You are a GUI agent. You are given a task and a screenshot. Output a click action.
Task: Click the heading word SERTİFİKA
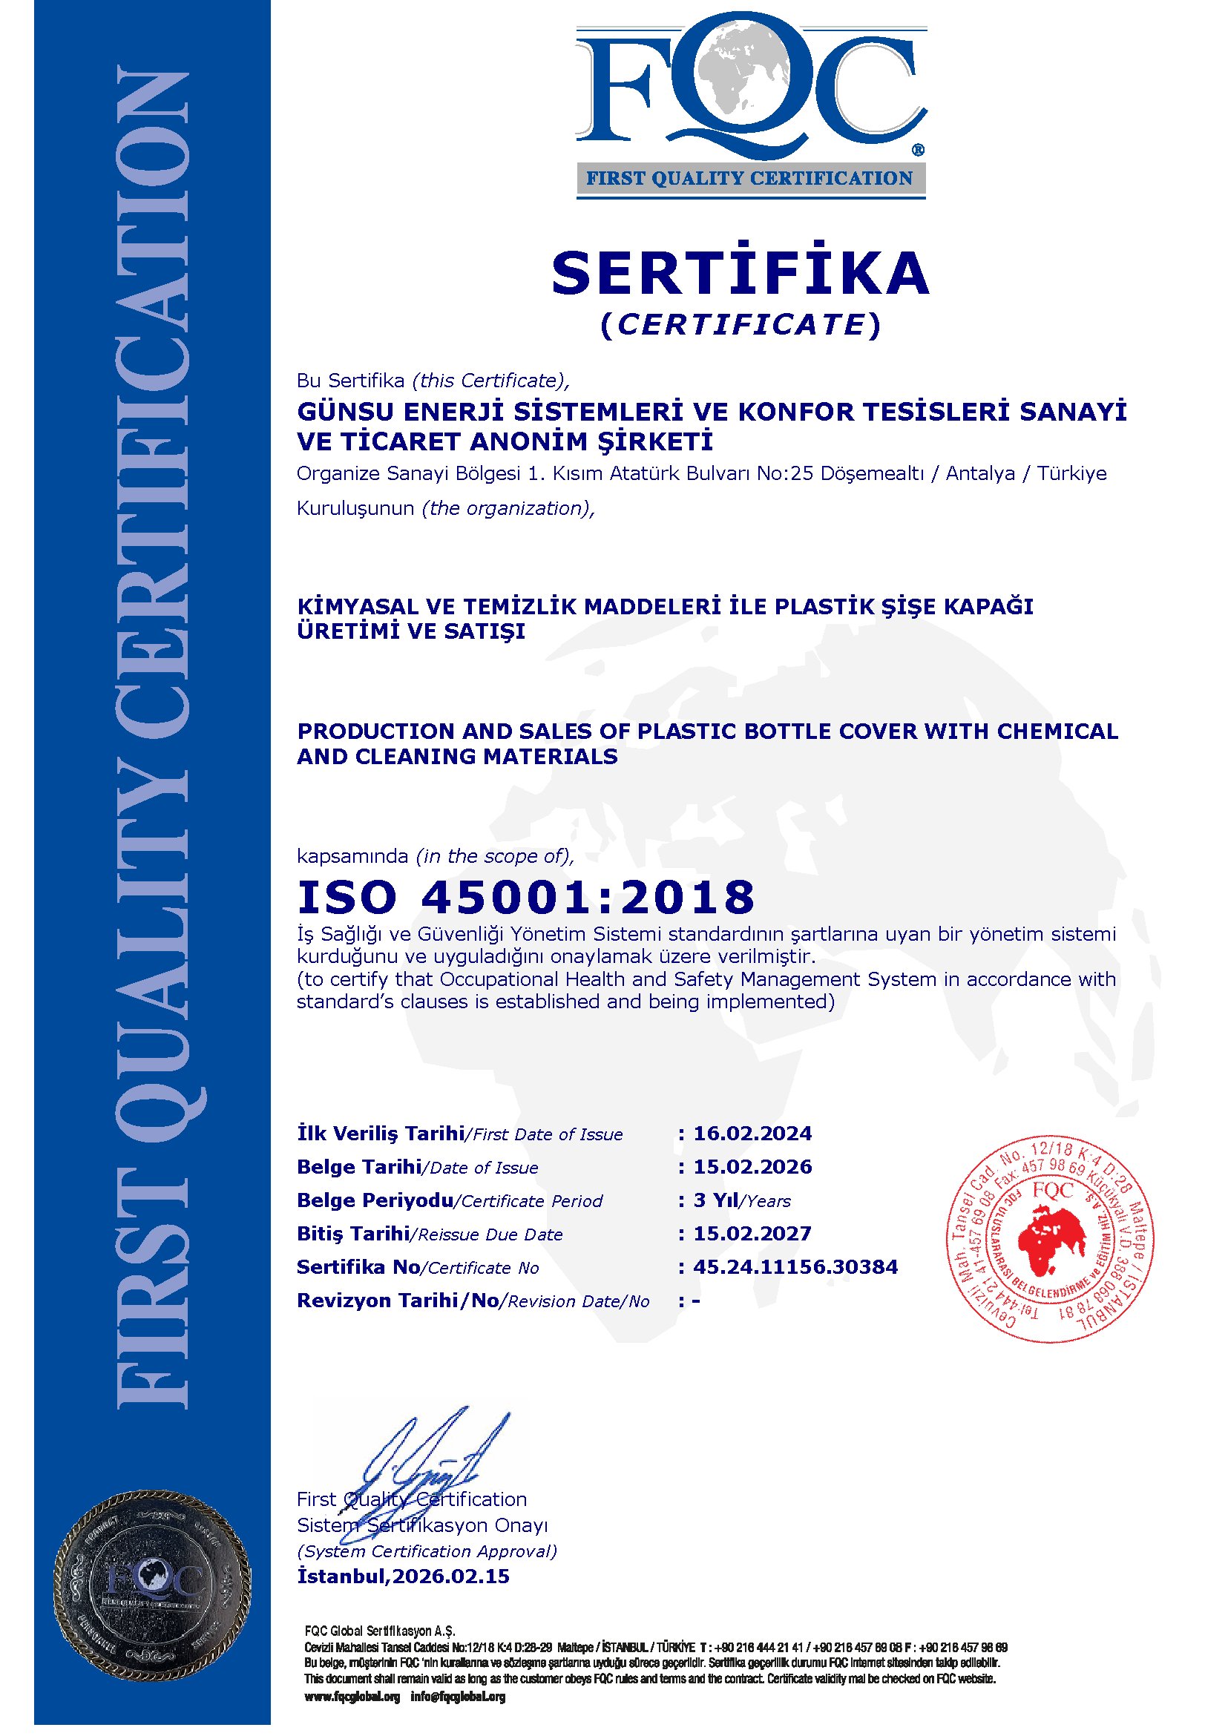point(741,273)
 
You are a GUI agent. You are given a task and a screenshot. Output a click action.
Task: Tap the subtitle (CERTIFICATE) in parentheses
point(741,324)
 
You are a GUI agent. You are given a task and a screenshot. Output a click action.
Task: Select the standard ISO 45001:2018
point(525,897)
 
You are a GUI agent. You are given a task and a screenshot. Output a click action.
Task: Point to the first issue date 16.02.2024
point(752,1134)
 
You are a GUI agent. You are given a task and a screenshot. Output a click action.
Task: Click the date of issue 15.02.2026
point(752,1167)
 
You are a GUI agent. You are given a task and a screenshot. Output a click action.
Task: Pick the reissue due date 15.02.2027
point(752,1233)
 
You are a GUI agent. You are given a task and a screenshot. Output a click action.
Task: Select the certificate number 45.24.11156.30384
point(795,1266)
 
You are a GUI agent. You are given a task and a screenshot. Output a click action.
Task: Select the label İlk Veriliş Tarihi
point(381,1134)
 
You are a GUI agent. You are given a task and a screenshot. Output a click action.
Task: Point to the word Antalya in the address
point(980,473)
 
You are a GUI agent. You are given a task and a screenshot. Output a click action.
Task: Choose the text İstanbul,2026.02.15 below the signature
point(403,1576)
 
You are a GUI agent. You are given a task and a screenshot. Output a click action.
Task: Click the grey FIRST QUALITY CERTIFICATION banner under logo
point(750,180)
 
